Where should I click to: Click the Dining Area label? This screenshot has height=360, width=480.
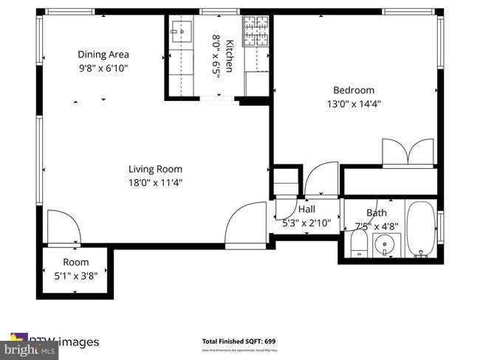[103, 54]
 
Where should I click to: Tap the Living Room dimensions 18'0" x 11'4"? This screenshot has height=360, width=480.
[155, 182]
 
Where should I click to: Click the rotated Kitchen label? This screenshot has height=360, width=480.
[230, 56]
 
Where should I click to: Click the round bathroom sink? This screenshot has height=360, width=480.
[384, 244]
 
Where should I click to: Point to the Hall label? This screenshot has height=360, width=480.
[306, 210]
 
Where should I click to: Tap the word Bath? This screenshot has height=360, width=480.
[376, 213]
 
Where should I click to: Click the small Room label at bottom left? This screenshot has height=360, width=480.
[75, 262]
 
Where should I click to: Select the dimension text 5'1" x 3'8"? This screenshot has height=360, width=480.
[75, 275]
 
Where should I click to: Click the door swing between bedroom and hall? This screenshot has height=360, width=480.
[321, 181]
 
